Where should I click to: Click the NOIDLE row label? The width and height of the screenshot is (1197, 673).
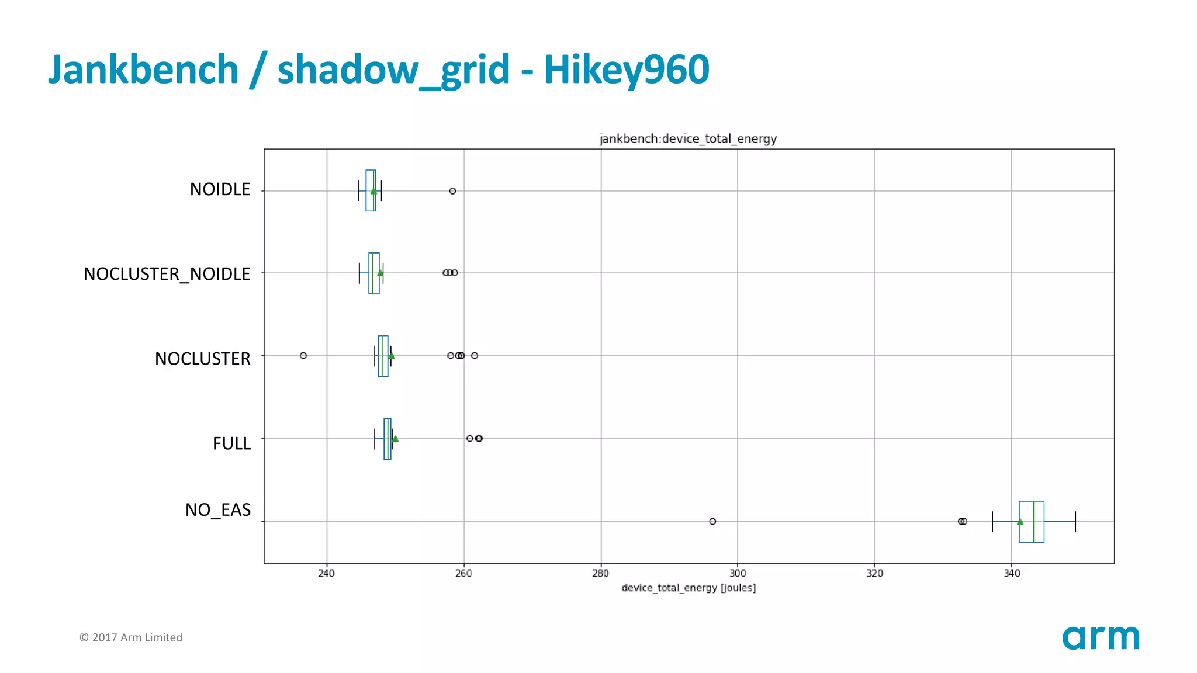tap(220, 189)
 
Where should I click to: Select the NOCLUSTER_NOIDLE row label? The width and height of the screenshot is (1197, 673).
tap(167, 274)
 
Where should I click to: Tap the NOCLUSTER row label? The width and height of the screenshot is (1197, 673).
tap(202, 359)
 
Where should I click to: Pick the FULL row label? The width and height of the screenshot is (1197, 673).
tap(231, 443)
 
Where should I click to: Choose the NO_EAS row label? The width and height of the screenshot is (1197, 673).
tap(217, 510)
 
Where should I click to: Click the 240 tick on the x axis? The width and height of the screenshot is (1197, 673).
tap(326, 574)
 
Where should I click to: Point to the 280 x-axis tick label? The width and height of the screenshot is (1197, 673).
tap(600, 574)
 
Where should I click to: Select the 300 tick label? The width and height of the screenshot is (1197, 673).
tap(738, 574)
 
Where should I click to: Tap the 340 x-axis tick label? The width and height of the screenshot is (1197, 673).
tap(1012, 574)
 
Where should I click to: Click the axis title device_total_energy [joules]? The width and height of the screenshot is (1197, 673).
tap(689, 588)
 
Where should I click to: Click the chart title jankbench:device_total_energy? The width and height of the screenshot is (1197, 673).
tap(688, 139)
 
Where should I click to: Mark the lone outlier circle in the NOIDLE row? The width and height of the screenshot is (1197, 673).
tap(452, 191)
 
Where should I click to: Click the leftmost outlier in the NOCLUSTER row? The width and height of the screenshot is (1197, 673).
tap(303, 356)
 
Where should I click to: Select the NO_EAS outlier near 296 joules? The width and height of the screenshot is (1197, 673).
tap(712, 521)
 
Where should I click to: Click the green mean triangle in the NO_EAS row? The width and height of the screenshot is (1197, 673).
tap(1020, 521)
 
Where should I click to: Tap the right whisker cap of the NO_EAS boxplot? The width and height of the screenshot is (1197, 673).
tap(1075, 521)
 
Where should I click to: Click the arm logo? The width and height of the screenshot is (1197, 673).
tap(1101, 638)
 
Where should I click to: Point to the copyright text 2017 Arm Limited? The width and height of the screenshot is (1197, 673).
tap(131, 637)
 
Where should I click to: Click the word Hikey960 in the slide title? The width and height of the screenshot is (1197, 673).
tap(627, 70)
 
